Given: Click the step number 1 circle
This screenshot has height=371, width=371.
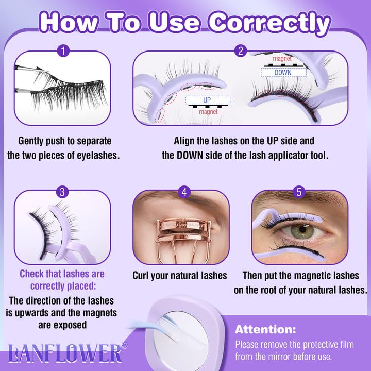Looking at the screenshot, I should (x=62, y=52).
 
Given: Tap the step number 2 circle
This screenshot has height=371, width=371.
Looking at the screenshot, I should (x=240, y=52).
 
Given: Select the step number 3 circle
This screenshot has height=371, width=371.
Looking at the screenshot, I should (x=62, y=192).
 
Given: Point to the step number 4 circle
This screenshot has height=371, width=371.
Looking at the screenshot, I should (x=184, y=192).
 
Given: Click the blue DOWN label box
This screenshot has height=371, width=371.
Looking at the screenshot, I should (x=282, y=72).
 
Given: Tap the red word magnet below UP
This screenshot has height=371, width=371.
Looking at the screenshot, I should (x=209, y=111).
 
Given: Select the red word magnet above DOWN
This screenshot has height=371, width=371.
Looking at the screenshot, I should (x=282, y=59).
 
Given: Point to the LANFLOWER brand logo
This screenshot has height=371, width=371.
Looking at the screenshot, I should (x=64, y=353).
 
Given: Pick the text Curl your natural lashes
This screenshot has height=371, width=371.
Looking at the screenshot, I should (x=180, y=276).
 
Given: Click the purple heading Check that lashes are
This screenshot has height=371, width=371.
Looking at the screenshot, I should (x=62, y=274).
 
